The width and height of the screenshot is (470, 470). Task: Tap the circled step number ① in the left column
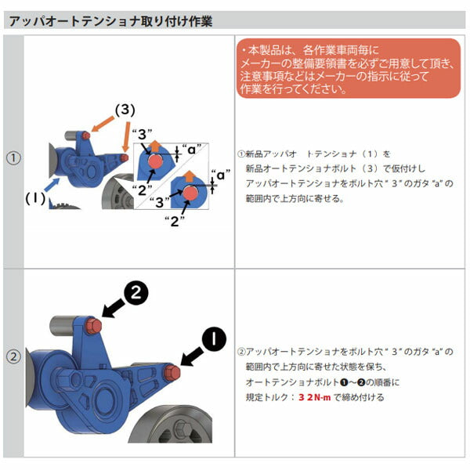(13, 157)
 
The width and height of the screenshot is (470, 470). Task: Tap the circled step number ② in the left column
(13, 356)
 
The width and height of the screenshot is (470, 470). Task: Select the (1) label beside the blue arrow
(34, 198)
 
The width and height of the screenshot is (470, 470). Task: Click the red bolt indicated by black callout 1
(172, 371)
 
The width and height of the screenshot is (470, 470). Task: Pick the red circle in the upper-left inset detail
(154, 161)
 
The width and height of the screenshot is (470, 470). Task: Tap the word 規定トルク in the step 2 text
(264, 398)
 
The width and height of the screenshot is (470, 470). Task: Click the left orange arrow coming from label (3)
(97, 126)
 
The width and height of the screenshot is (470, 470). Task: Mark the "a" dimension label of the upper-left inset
(190, 148)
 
